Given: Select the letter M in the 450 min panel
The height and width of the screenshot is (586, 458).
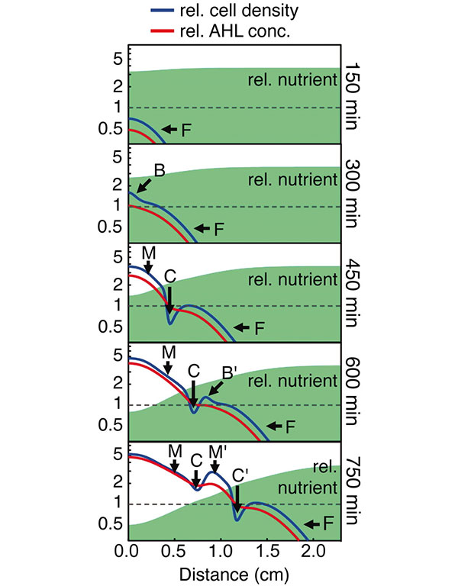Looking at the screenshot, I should point(147,253).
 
